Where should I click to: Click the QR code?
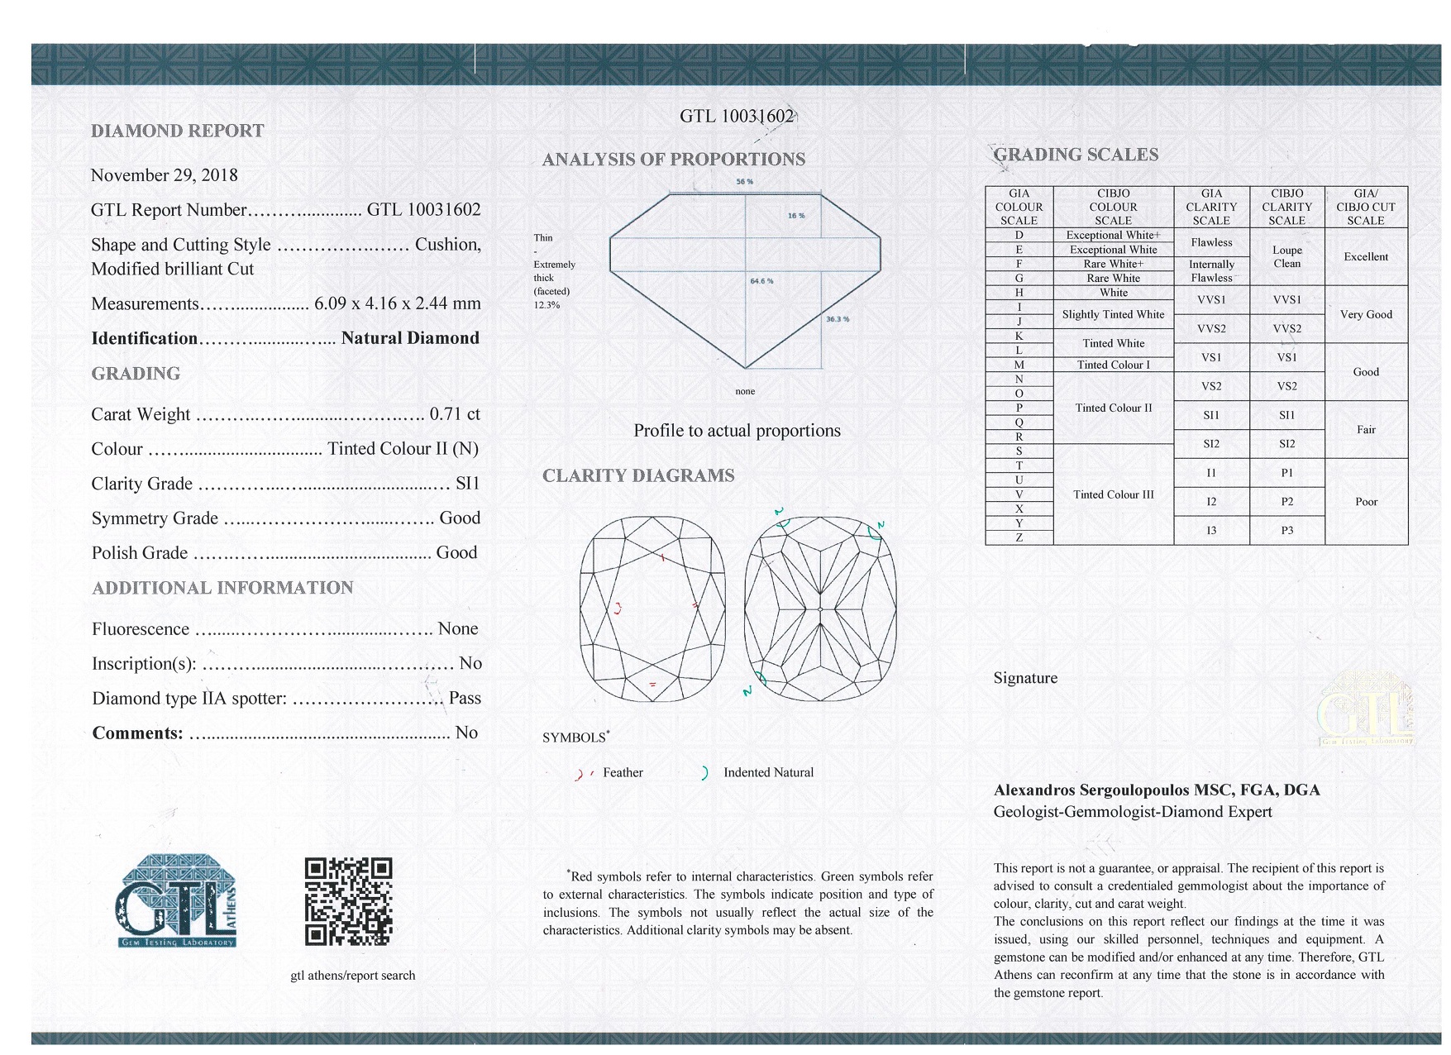click(348, 901)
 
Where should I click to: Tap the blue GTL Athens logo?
click(176, 901)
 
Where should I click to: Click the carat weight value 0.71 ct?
click(455, 414)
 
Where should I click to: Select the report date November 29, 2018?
click(165, 175)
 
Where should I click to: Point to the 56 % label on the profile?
click(744, 182)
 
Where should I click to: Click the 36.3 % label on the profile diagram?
click(837, 319)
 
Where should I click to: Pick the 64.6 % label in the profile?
click(761, 281)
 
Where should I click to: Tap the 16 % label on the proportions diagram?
click(795, 216)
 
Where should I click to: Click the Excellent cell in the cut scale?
click(1365, 257)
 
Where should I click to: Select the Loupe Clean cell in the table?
click(1286, 257)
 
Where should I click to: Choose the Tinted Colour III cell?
click(1113, 494)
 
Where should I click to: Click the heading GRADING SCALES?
click(1075, 155)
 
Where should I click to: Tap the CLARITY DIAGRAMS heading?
click(638, 476)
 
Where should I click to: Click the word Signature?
click(1025, 678)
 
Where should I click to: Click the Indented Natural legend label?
click(768, 773)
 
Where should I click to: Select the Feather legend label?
click(623, 773)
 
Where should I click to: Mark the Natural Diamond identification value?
click(410, 338)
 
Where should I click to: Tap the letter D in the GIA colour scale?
click(1019, 236)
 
